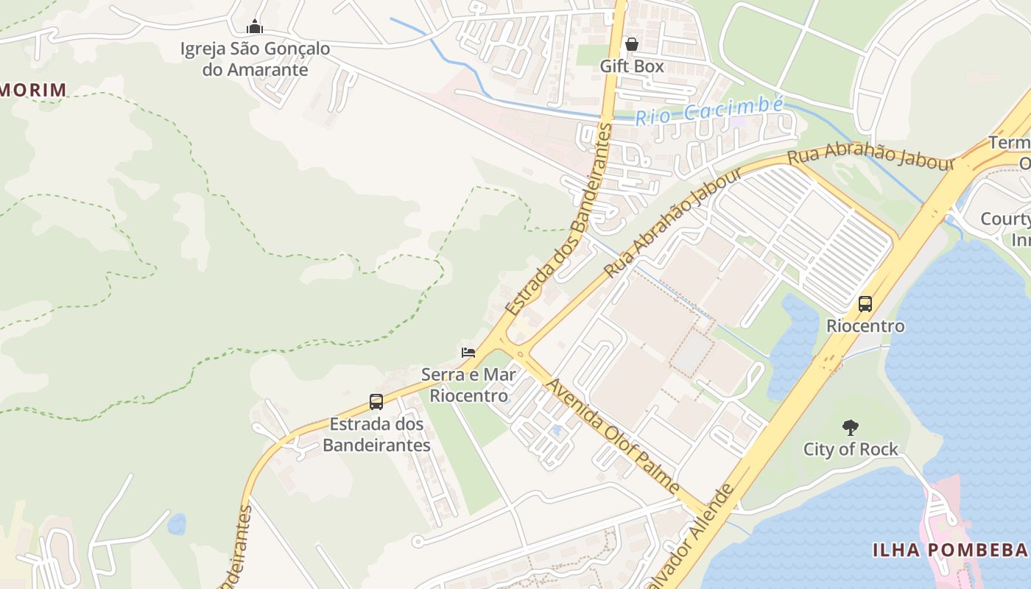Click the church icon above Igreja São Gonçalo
tap(255, 27)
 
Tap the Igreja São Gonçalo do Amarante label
tap(255, 60)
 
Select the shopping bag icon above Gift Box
tap(631, 44)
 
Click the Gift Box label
tap(631, 66)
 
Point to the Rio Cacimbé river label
tap(708, 111)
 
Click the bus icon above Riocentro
tap(865, 303)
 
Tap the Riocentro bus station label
tap(865, 325)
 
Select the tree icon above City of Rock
tap(851, 427)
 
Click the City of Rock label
tap(851, 449)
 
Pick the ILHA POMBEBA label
tap(950, 549)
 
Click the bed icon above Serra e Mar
tap(468, 352)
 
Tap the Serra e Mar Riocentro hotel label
tap(468, 385)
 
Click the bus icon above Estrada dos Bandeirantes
tap(376, 402)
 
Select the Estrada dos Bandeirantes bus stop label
tap(376, 434)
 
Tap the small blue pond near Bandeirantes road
tap(177, 524)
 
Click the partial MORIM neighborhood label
tap(32, 90)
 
